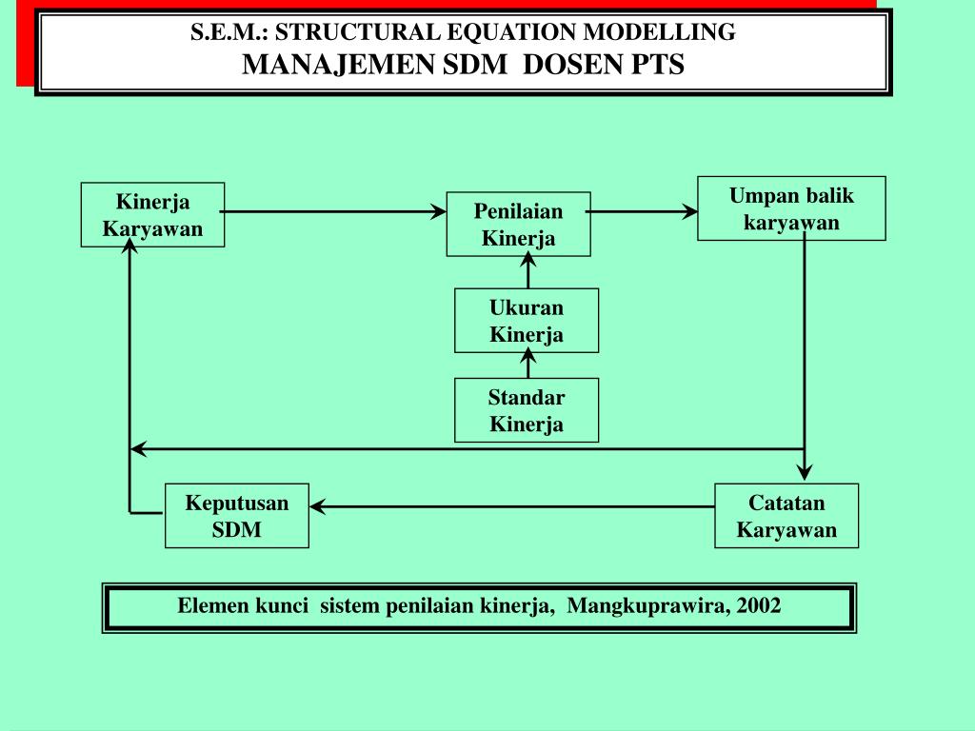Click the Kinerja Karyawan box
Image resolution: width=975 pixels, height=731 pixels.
(152, 215)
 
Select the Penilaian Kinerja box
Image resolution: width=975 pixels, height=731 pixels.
(518, 225)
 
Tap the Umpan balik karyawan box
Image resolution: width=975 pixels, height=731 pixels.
(791, 208)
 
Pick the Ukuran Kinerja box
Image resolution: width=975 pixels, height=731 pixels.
(527, 321)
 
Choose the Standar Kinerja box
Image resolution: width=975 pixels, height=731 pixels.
(527, 410)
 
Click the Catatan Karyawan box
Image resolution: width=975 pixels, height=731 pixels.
(786, 516)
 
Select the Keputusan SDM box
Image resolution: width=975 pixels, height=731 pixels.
(236, 516)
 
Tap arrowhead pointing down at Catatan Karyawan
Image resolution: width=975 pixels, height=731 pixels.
(805, 472)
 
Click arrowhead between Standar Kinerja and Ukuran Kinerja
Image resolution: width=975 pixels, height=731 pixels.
(527, 359)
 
